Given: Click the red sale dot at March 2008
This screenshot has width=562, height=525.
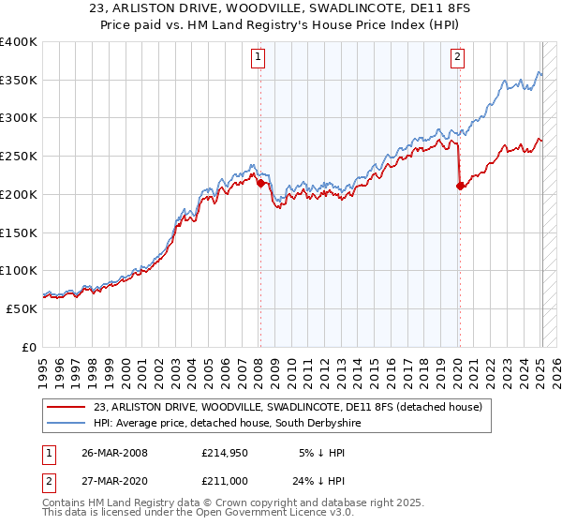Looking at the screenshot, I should [260, 184].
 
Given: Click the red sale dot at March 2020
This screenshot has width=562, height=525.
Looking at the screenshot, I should [460, 187].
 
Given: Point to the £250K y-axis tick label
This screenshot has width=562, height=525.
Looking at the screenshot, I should [20, 157].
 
